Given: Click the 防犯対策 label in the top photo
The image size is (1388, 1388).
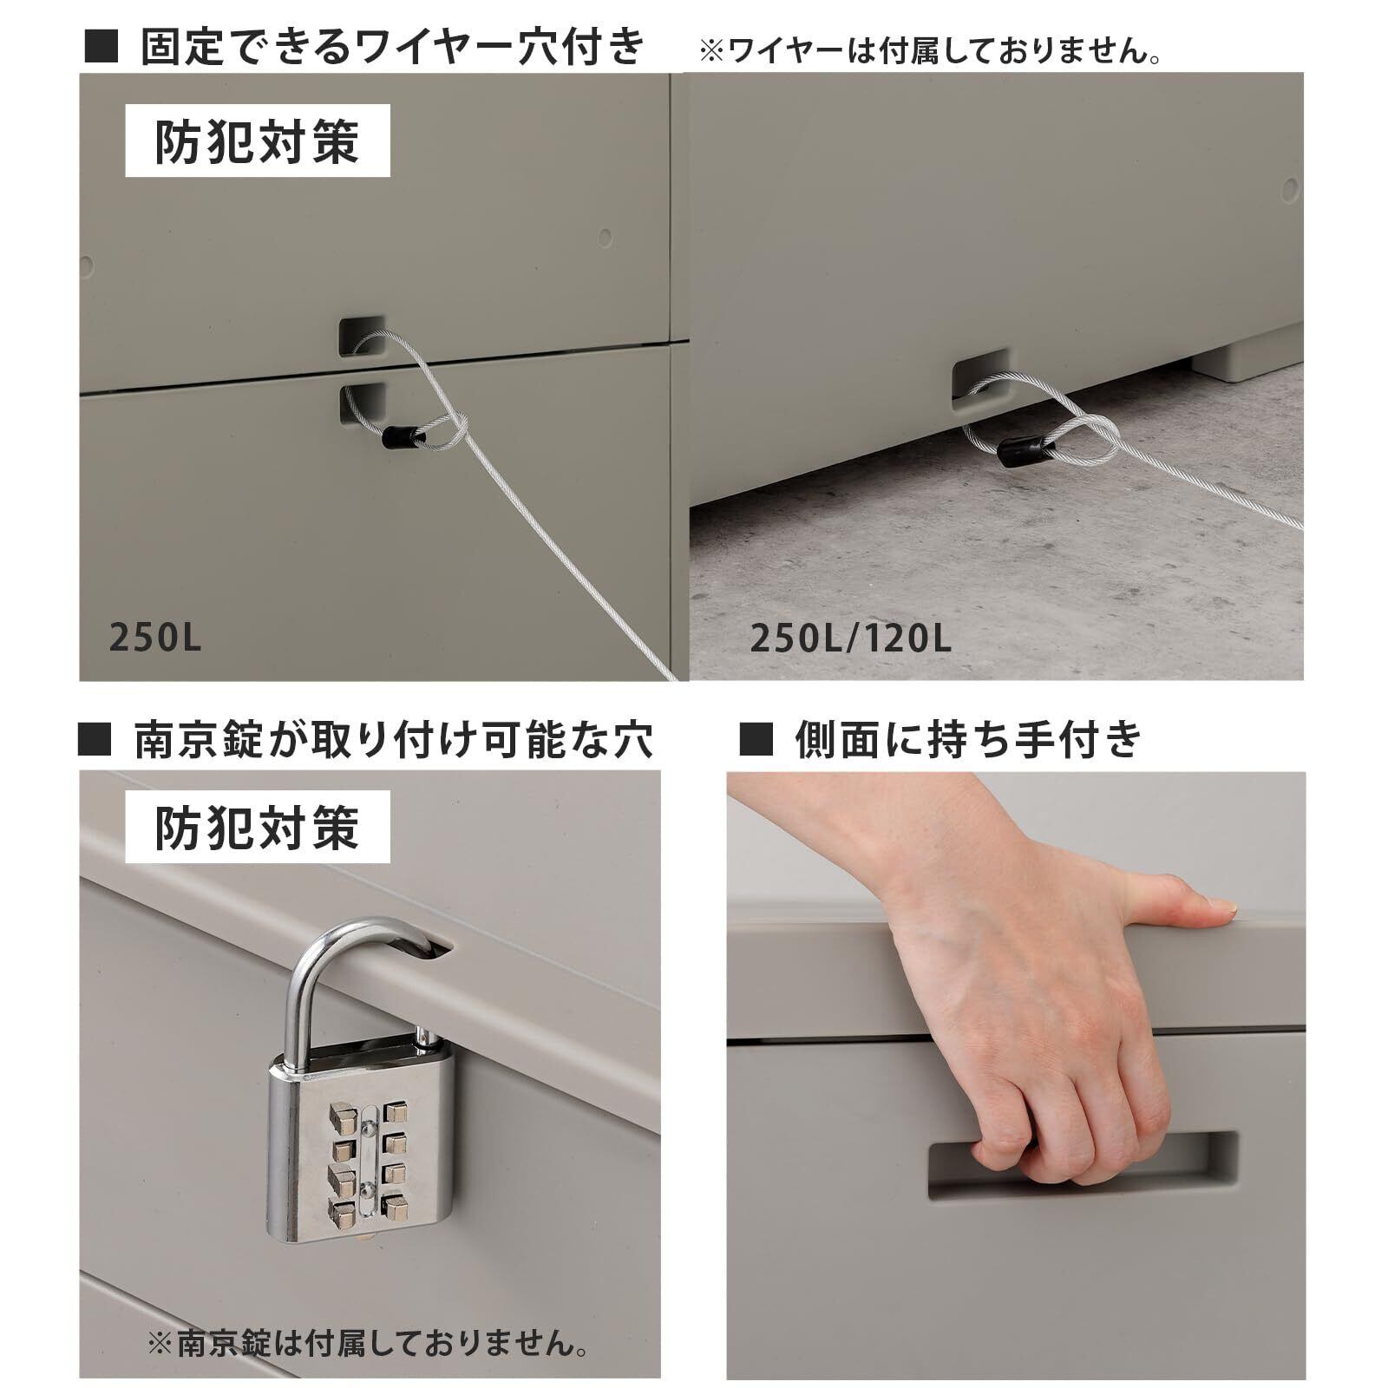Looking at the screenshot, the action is click(258, 141).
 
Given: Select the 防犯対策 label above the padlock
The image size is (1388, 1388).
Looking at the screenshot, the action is click(258, 826).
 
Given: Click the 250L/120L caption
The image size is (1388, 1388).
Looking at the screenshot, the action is click(850, 639).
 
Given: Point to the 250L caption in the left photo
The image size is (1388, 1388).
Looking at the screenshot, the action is click(155, 638).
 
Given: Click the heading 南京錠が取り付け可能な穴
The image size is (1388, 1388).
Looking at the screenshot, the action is click(393, 740).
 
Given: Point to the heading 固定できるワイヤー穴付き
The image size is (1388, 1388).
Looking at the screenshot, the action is click(393, 46).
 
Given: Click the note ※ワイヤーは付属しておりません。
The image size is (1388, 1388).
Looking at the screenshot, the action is click(931, 51).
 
